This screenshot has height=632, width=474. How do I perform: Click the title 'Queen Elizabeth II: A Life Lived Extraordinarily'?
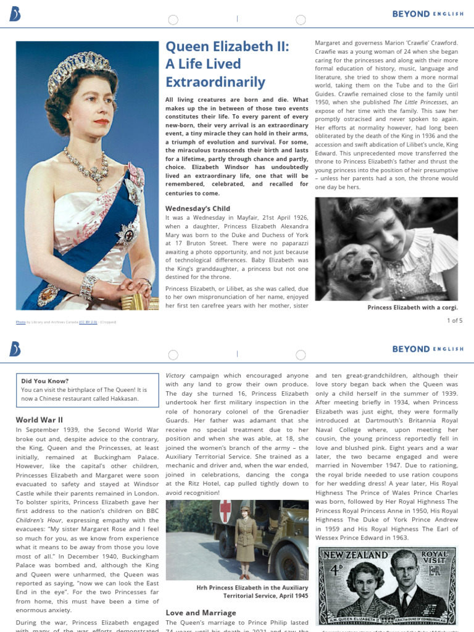point(227,65)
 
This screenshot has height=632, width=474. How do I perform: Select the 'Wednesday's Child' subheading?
point(197,209)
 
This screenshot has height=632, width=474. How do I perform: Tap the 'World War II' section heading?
point(39,420)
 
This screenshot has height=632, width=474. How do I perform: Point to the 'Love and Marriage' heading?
point(201,612)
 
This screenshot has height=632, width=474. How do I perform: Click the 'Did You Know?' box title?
point(45,381)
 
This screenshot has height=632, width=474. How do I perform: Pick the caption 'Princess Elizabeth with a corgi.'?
point(412,307)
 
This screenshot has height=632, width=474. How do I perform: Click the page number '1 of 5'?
point(454,320)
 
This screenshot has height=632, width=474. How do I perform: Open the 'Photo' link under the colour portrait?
point(21,322)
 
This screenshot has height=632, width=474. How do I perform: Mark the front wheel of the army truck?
point(289,562)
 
